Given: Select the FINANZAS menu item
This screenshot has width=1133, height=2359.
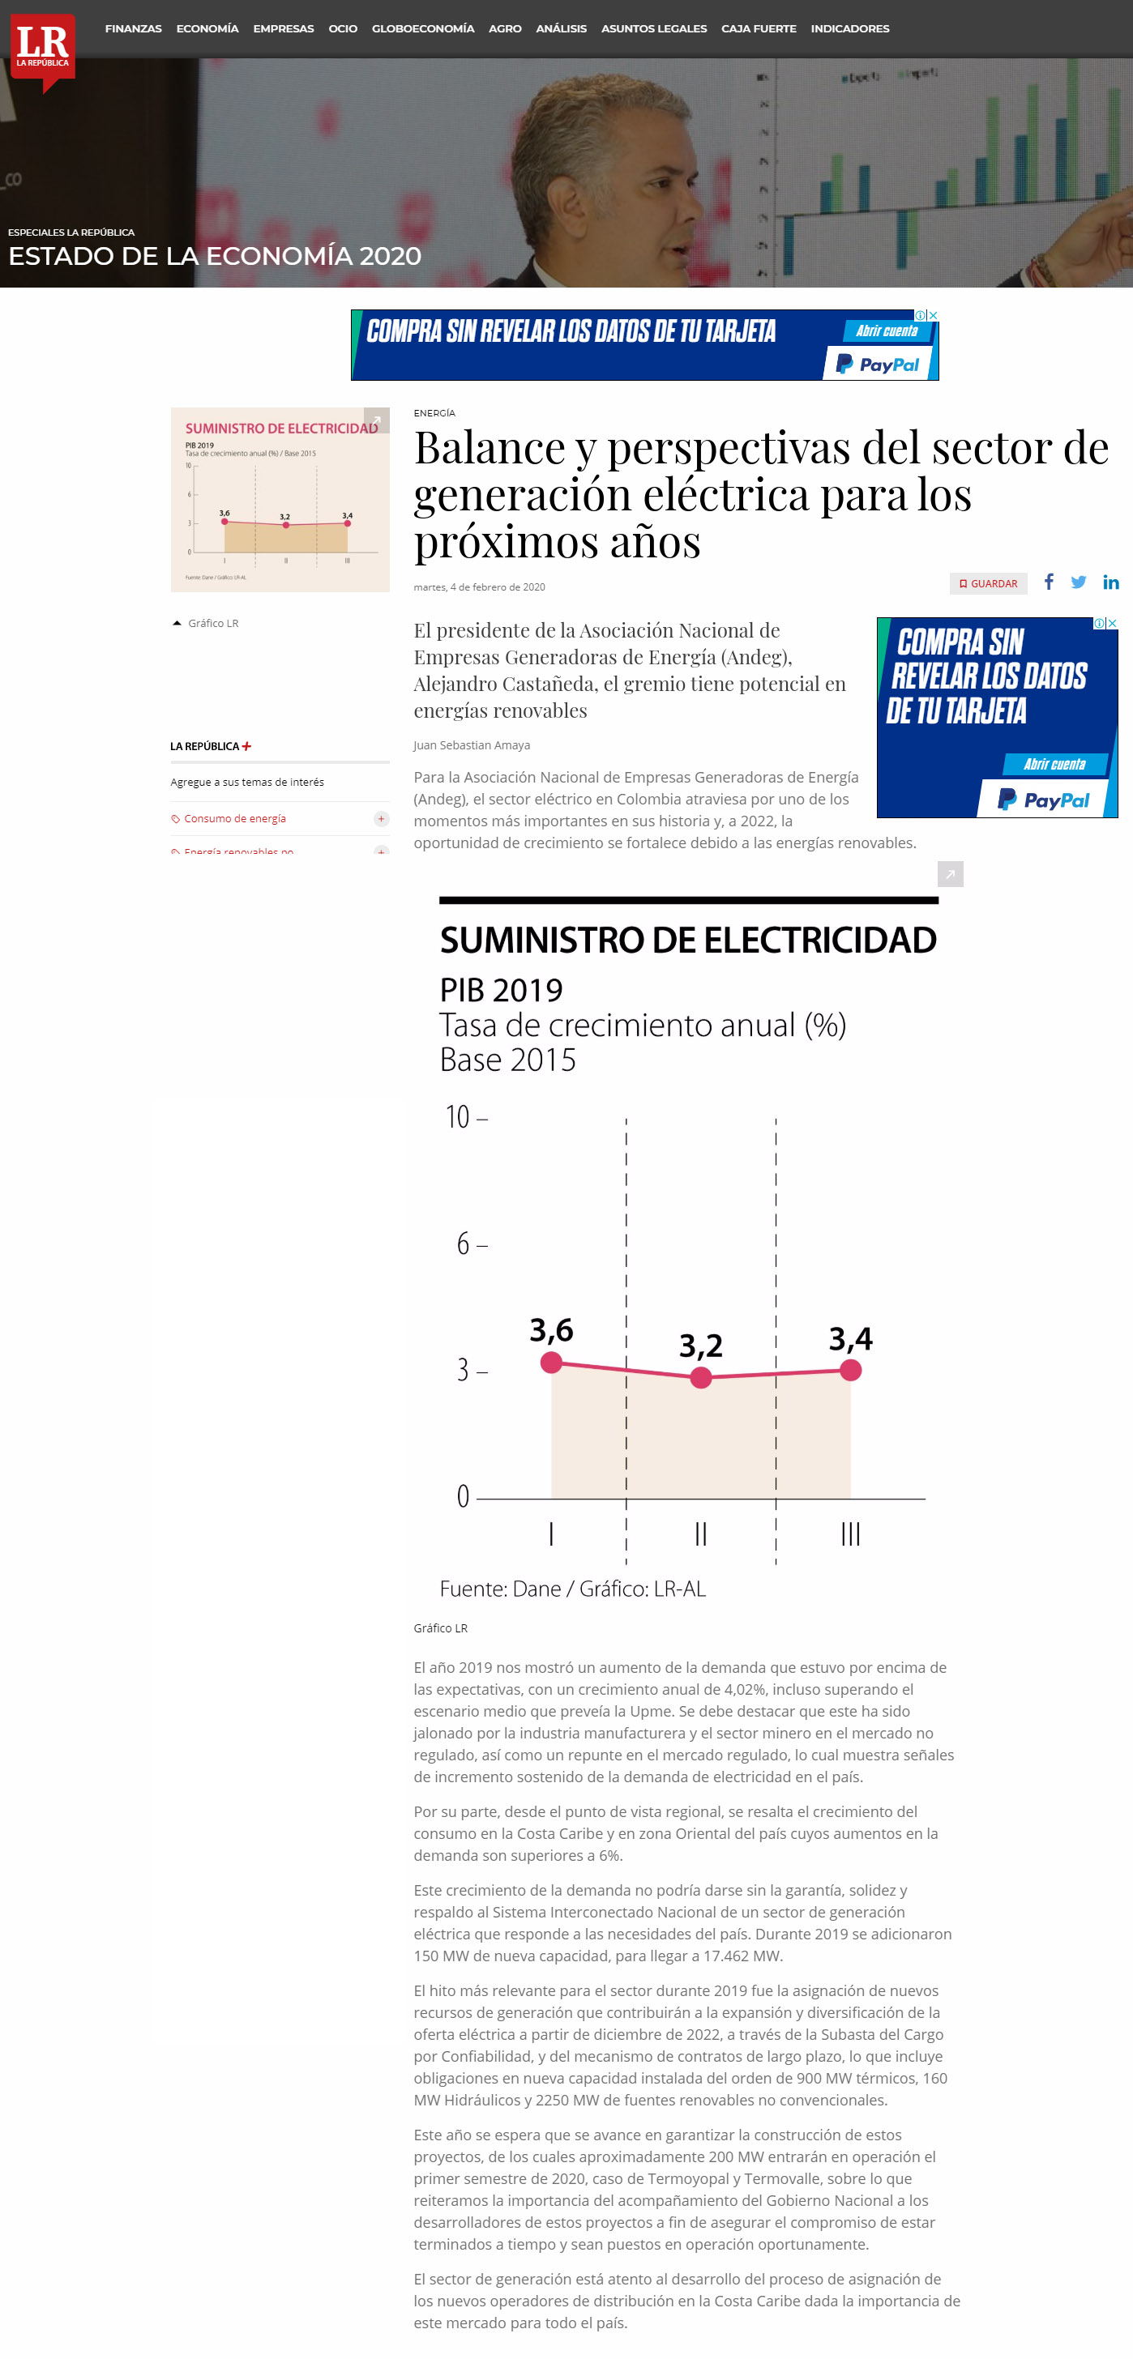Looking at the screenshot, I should click(133, 28).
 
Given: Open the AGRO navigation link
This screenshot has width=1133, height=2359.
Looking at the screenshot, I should click(505, 28).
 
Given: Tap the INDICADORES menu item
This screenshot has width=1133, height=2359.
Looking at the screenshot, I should click(849, 28).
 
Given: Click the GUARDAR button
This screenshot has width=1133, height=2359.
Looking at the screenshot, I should click(988, 583).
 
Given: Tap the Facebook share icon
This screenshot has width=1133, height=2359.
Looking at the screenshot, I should click(1049, 582).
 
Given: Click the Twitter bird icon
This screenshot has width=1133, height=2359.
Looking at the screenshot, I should click(1079, 582).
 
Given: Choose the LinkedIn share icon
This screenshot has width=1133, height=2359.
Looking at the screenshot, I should click(1110, 582).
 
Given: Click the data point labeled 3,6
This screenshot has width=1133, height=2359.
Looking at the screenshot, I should click(551, 1363).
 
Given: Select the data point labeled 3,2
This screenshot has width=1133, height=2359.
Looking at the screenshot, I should click(701, 1377).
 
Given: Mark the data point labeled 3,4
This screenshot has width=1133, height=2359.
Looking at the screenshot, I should click(850, 1370).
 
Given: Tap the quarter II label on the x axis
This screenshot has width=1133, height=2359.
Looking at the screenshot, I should click(701, 1533).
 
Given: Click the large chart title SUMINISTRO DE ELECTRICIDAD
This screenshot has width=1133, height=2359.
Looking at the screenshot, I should click(688, 941).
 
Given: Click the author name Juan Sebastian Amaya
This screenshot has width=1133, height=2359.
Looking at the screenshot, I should click(472, 745).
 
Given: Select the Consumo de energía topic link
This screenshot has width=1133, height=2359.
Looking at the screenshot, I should click(234, 819).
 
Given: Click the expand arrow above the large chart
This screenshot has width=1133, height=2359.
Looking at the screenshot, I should click(950, 875).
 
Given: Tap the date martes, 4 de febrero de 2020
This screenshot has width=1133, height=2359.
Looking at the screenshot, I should click(479, 587).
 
